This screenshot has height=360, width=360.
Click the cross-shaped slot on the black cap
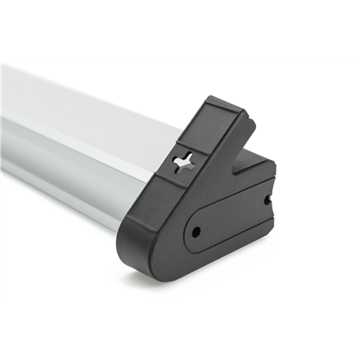pyautogui.click(x=184, y=161)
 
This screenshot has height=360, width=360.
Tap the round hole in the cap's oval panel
pyautogui.click(x=196, y=232)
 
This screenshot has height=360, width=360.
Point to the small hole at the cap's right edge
pyautogui.click(x=267, y=199)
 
